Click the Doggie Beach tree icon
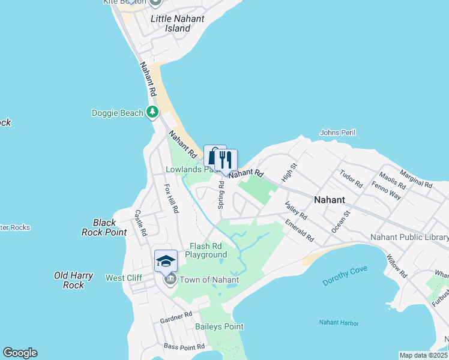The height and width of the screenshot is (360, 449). tap(152, 112)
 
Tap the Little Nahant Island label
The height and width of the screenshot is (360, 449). tap(177, 23)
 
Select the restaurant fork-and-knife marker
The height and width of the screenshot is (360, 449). tap(226, 160)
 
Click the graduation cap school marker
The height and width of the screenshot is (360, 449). tap(166, 260)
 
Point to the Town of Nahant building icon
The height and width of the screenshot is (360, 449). tap(170, 279)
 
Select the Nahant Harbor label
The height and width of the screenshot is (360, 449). tap(339, 323)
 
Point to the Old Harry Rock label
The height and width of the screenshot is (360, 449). tap(73, 280)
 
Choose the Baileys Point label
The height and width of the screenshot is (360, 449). tap(219, 326)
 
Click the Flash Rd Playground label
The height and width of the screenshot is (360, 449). tap(205, 250)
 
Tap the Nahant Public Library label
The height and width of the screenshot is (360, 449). tap(409, 238)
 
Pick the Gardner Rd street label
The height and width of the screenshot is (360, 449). tap(176, 318)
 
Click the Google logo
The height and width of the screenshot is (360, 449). tap(20, 353)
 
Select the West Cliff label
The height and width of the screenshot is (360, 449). tap(124, 278)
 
